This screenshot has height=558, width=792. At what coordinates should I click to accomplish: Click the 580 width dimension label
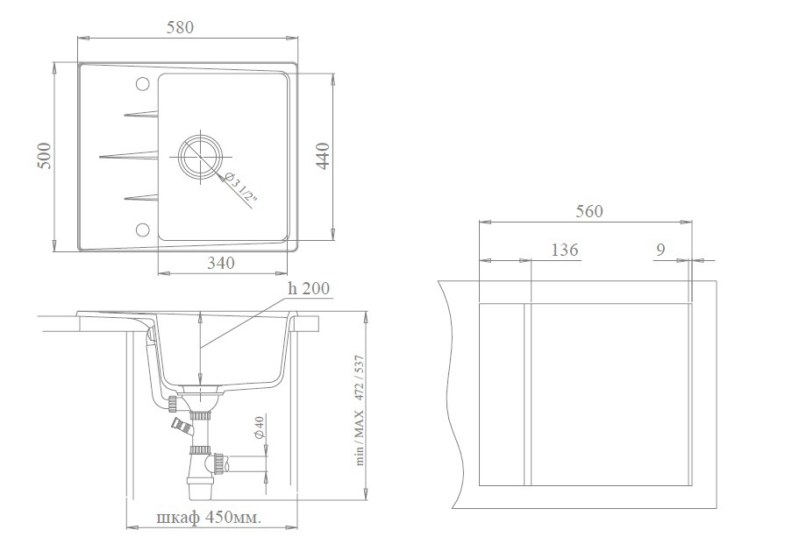coord(181,27)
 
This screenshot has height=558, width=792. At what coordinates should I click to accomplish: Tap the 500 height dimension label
coord(45,156)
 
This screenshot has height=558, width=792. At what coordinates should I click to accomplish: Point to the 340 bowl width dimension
coord(221,263)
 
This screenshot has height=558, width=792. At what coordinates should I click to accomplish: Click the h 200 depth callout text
coord(308,288)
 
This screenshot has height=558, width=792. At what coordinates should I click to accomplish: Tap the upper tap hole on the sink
coord(142,84)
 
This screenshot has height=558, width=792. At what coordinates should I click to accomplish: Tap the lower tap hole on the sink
coord(142,230)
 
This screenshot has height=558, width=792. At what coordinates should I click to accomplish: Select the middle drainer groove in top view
coord(129,156)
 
